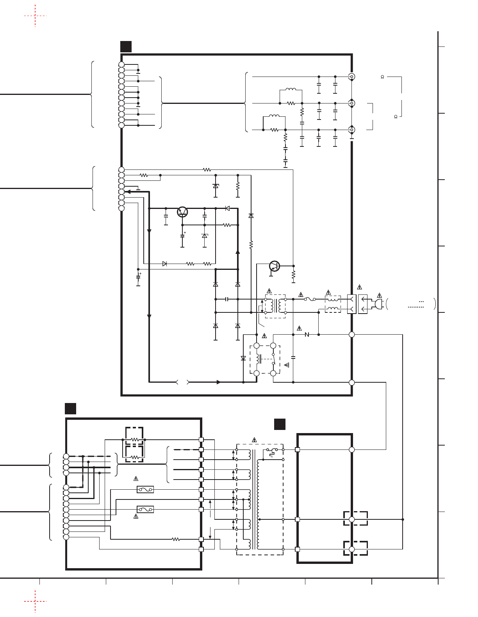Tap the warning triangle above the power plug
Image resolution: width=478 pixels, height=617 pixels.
379,296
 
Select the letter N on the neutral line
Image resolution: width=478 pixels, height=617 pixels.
307,335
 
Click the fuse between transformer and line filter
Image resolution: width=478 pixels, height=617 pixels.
310,300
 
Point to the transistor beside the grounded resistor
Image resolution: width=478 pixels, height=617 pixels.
275,266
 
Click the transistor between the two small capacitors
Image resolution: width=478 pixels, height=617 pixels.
182,212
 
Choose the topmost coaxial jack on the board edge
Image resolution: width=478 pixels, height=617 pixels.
352,77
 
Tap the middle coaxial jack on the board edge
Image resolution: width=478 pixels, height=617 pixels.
352,103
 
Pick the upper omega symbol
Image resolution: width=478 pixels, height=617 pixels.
382,77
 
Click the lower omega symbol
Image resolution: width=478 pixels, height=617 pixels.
396,117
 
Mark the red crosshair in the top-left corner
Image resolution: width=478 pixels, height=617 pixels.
35,16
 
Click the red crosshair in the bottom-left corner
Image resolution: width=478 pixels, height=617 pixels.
35,601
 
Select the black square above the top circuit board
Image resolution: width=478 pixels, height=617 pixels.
126,46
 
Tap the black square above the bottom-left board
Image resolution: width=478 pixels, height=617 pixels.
70,408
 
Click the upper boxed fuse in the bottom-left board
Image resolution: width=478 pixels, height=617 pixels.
145,490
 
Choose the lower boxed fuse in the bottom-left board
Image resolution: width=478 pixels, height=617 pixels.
145,509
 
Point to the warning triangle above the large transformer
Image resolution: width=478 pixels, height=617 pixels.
255,440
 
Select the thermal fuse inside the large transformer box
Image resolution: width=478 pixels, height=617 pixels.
272,451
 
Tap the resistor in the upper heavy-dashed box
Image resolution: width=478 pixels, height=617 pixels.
134,440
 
